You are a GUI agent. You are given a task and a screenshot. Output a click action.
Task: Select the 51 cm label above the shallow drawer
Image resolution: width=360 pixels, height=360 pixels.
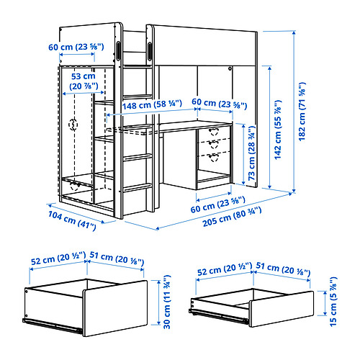tap(284, 269)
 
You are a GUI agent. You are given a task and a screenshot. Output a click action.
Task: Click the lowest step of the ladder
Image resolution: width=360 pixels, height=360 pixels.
tap(137, 186)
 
